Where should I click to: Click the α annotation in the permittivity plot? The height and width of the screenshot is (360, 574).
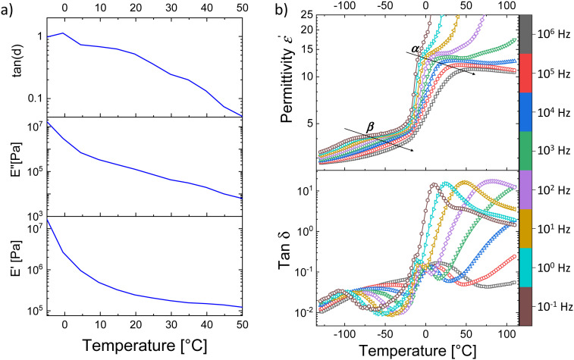[414, 50]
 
